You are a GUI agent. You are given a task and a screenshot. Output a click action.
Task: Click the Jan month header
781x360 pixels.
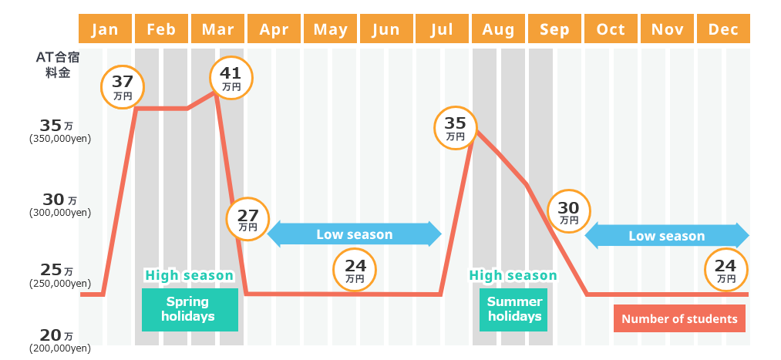coord(104,29)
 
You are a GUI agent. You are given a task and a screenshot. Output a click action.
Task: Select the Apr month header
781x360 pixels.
coord(274,29)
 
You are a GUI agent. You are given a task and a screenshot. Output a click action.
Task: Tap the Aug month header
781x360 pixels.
coord(498,29)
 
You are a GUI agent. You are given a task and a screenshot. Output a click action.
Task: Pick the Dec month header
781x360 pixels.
coord(723,29)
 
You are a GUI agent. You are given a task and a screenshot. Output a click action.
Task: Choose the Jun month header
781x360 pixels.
coord(385,29)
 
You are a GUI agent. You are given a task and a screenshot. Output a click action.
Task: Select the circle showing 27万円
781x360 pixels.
coord(247,219)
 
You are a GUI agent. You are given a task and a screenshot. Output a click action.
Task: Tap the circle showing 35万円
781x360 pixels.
coord(456,128)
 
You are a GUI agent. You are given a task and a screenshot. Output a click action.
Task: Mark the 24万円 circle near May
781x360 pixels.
coord(355,271)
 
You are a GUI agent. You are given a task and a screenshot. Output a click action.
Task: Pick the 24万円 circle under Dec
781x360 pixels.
coord(726,271)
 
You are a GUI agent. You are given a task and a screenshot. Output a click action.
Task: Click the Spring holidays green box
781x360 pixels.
coord(189,309)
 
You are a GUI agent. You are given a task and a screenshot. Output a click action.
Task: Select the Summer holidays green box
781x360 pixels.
coord(513,309)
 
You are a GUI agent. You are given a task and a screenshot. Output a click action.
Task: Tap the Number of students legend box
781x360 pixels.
coord(679,318)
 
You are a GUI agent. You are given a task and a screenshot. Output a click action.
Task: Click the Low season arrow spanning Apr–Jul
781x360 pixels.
coord(354,234)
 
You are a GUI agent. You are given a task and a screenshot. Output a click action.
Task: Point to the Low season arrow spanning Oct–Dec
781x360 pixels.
coord(667,236)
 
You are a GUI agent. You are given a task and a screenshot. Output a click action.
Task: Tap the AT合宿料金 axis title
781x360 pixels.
coord(58,65)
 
